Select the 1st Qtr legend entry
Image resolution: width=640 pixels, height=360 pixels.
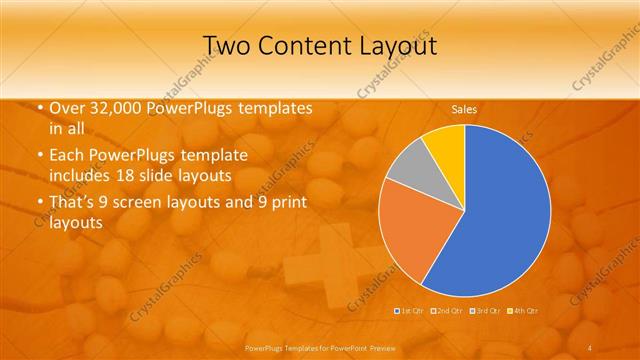point(410,311)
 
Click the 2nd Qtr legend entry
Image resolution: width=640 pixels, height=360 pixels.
point(446,311)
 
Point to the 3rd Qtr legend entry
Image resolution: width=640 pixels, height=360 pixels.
point(484,311)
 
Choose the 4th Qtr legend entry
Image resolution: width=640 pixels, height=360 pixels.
point(522,311)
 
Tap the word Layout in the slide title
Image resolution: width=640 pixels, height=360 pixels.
point(390,45)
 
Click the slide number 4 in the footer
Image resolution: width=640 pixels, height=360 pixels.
point(589,346)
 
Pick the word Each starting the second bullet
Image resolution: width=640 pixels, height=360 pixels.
point(66,157)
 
